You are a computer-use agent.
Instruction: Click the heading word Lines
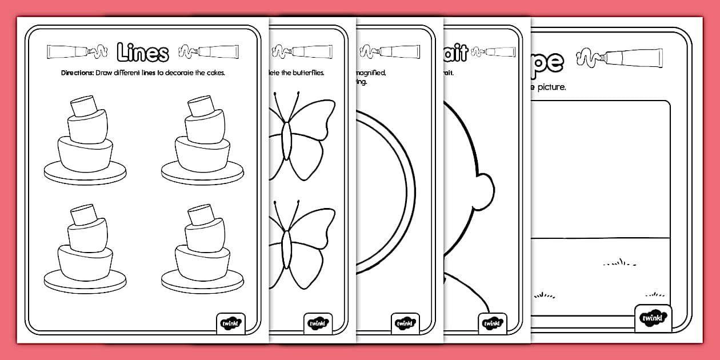click(143, 52)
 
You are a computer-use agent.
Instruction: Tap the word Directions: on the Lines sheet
click(77, 73)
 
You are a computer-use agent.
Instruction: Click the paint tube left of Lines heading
click(68, 52)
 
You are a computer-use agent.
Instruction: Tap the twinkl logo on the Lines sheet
click(231, 323)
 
